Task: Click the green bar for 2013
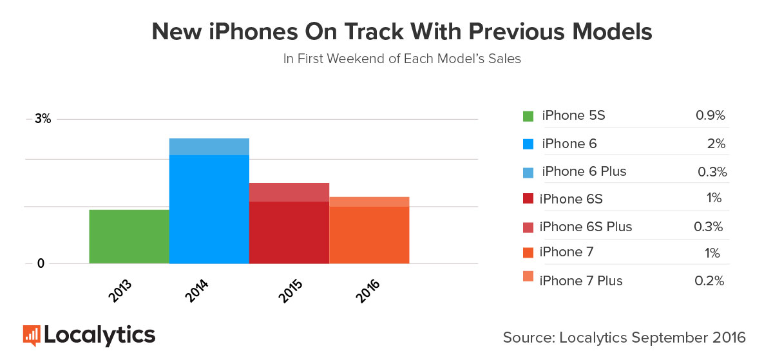(x=129, y=236)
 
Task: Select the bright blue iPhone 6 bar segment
(x=209, y=209)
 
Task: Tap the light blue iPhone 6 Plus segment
(x=209, y=147)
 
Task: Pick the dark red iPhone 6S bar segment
(x=289, y=232)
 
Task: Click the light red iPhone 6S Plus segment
(x=289, y=192)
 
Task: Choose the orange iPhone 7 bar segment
(x=369, y=235)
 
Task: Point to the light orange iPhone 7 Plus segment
(x=369, y=202)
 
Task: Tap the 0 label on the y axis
(x=40, y=263)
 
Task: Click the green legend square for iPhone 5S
(x=528, y=117)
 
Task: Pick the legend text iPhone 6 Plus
(x=584, y=171)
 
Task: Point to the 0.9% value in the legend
(x=711, y=116)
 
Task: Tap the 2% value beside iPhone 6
(x=716, y=144)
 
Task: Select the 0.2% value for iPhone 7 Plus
(x=711, y=281)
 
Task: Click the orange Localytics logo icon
(x=32, y=336)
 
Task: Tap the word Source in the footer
(x=528, y=337)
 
